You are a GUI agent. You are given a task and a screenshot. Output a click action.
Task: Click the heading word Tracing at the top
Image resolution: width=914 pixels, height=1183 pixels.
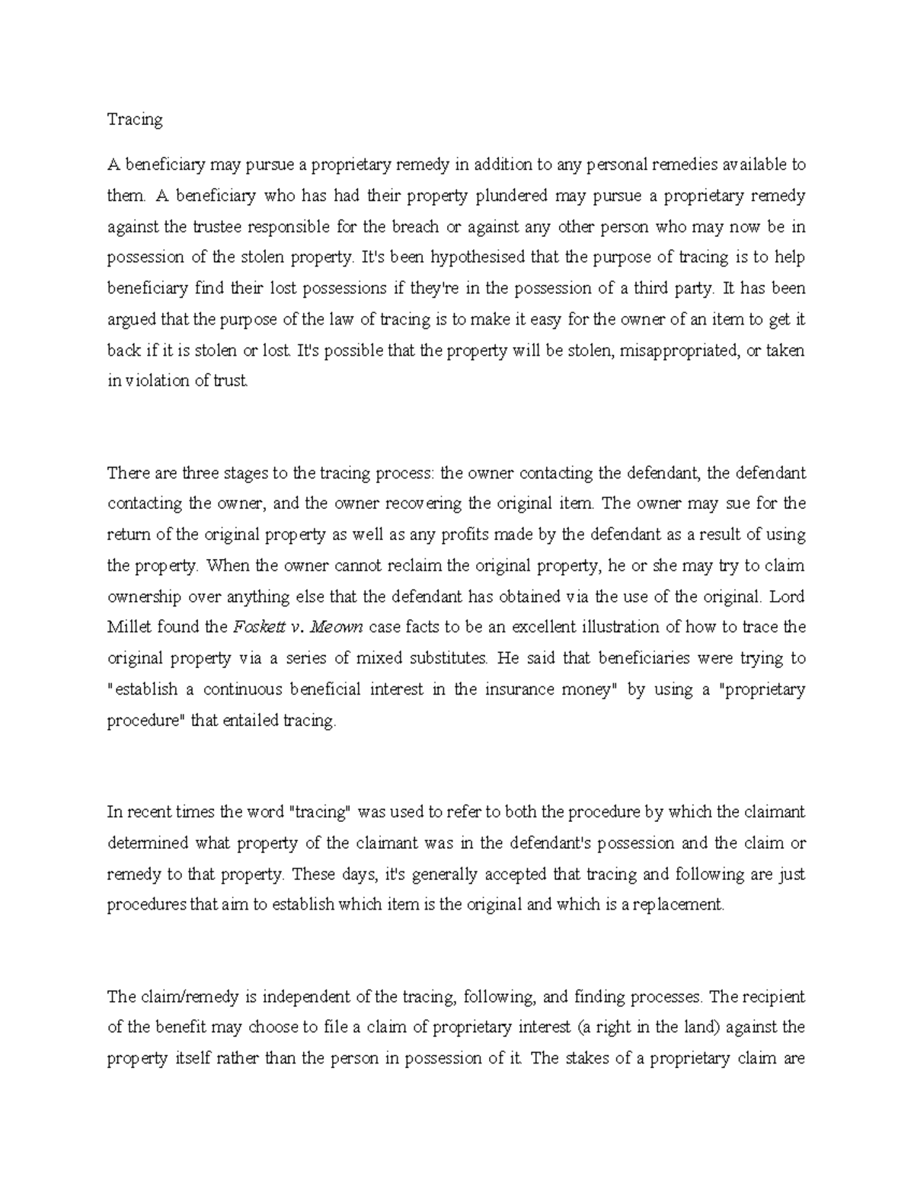click(x=135, y=120)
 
